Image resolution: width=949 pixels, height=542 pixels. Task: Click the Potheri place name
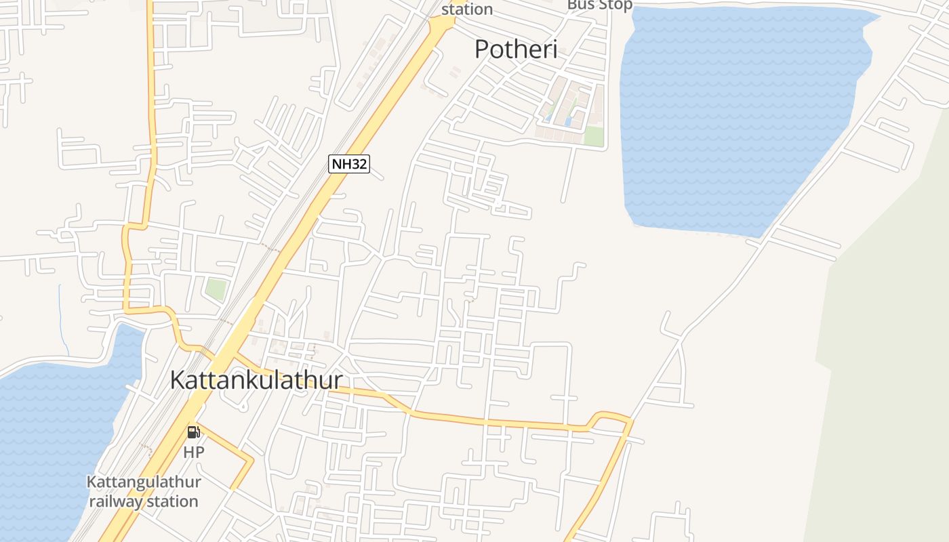[515, 49]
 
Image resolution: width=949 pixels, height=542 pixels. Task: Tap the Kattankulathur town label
[256, 380]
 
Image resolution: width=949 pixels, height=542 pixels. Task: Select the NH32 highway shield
[349, 164]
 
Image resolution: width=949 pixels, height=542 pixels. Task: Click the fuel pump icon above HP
[193, 432]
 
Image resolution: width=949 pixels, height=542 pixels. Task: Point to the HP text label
[193, 452]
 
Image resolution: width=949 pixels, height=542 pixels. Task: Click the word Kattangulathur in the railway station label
[144, 482]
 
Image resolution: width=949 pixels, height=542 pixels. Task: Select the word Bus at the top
[580, 5]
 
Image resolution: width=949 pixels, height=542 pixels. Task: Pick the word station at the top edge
[467, 9]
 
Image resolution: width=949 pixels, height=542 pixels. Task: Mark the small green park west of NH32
[216, 289]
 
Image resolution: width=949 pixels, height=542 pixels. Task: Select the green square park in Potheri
[594, 135]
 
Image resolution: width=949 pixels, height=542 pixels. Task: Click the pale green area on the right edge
[888, 339]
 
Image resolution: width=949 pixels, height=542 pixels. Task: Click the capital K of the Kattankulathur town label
[178, 380]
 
